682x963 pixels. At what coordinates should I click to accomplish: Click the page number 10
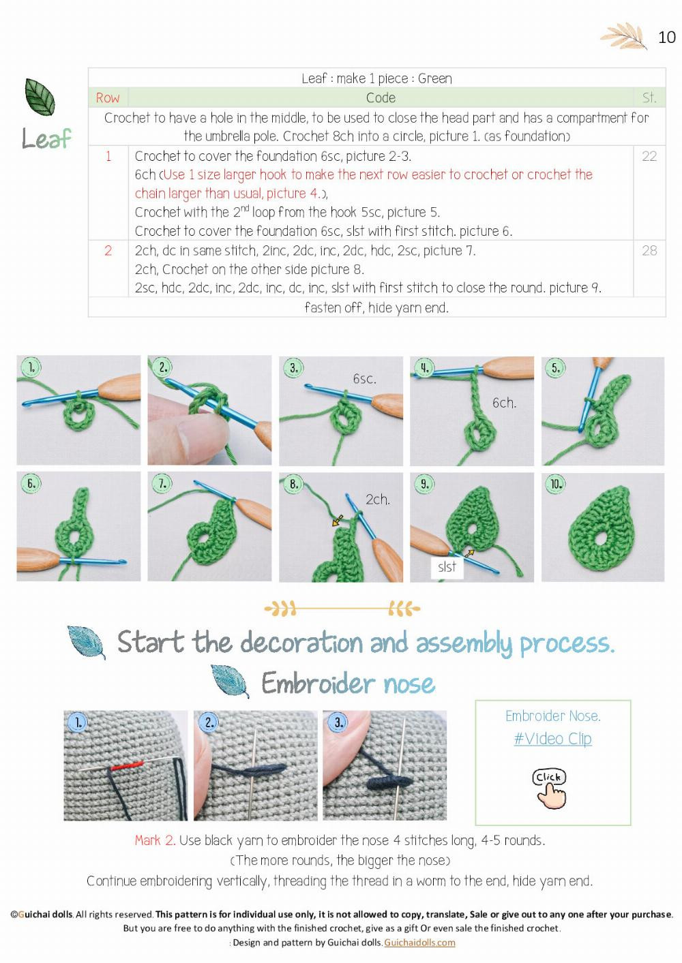666,37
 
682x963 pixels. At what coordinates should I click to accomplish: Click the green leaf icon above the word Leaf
40,97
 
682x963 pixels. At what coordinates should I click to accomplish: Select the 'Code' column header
380,97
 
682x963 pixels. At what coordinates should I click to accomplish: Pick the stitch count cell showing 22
649,156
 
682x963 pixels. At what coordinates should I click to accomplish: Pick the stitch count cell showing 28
649,251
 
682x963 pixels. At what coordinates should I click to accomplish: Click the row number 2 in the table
108,251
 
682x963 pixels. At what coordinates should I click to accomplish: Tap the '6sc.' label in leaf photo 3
364,379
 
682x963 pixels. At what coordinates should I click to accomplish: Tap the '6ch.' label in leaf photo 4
504,403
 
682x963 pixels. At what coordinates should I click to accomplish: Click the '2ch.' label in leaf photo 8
377,500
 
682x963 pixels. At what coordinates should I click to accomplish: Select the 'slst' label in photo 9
447,567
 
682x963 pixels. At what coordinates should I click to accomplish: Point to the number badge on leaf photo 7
162,484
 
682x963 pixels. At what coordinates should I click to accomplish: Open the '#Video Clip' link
552,739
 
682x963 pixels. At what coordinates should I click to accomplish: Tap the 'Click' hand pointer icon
550,789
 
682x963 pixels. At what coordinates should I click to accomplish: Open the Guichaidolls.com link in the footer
419,943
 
